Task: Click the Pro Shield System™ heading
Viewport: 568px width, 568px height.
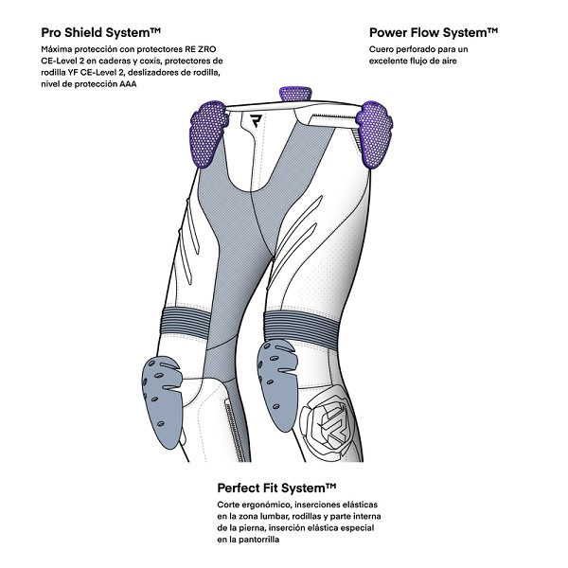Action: (x=100, y=32)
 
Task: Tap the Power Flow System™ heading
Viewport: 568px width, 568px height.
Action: (x=434, y=32)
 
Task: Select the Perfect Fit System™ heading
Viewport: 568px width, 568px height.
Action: (x=276, y=488)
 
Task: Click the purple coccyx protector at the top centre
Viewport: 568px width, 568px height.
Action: (x=293, y=94)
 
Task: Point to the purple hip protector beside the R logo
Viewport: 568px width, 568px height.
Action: (x=208, y=133)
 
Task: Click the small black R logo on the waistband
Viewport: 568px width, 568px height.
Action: (x=257, y=120)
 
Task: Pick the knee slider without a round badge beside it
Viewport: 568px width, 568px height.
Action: (x=161, y=402)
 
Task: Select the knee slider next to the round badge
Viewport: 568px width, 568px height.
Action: (x=277, y=386)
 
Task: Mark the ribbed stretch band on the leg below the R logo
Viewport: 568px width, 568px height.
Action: (x=186, y=321)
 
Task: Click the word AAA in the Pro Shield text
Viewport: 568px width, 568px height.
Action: (x=128, y=84)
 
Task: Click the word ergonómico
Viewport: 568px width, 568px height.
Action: (x=266, y=505)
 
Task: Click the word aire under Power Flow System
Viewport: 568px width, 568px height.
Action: (x=448, y=61)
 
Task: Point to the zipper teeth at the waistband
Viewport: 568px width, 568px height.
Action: (x=333, y=115)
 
